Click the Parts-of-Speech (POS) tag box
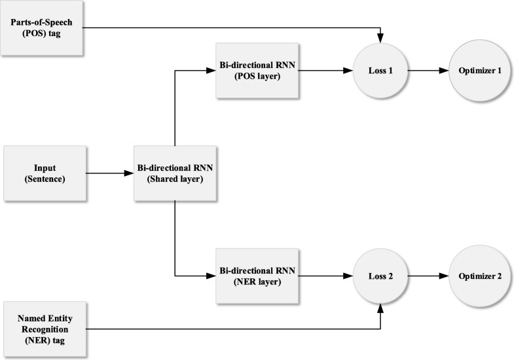click(45, 27)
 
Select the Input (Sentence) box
click(45, 173)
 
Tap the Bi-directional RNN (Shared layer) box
click(175, 173)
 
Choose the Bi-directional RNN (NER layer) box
click(257, 276)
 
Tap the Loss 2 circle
click(380, 276)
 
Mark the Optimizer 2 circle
click(475, 276)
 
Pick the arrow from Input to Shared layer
click(109, 173)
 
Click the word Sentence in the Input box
click(45, 179)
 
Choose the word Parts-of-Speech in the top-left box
click(45, 22)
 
